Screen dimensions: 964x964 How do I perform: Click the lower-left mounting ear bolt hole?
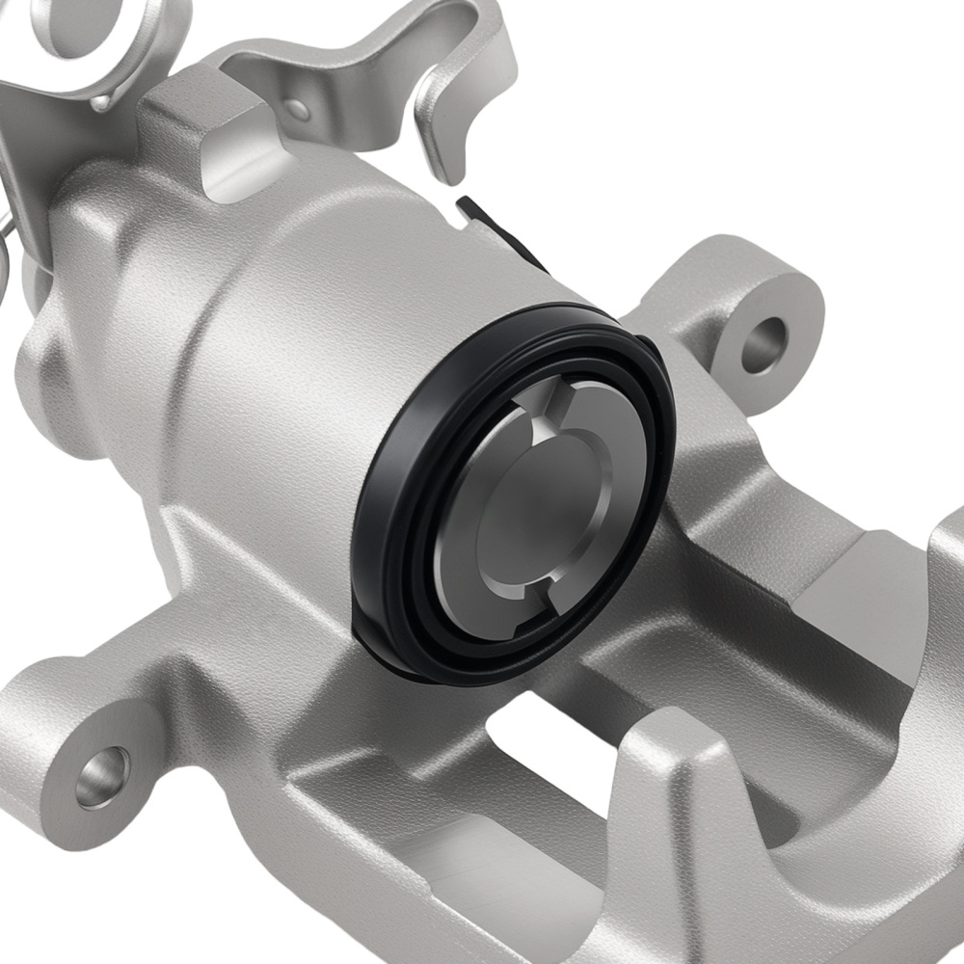[x=101, y=774]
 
